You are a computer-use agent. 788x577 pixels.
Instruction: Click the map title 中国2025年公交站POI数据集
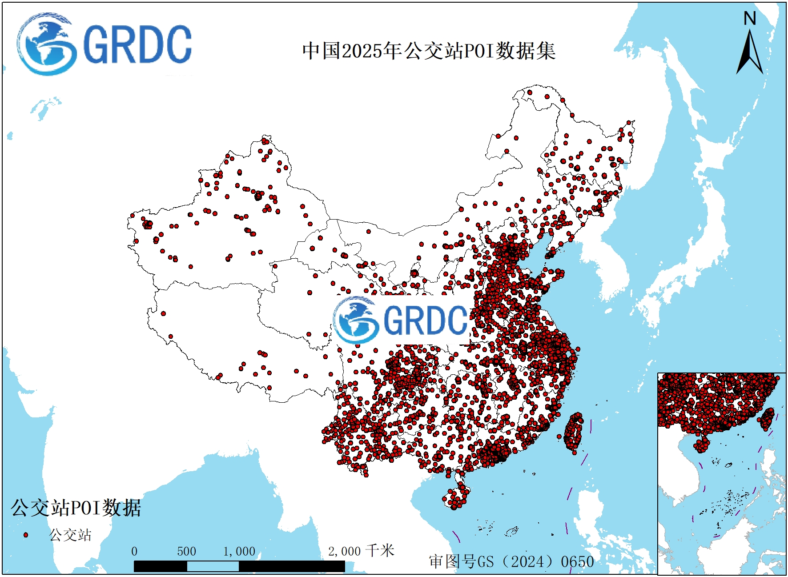point(429,51)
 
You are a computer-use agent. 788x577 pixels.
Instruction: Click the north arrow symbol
point(750,52)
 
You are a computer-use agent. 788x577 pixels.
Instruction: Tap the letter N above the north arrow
point(750,19)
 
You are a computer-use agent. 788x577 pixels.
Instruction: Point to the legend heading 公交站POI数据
point(76,508)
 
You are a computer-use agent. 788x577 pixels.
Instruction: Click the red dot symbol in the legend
point(26,535)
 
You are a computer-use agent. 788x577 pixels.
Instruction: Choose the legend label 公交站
point(70,535)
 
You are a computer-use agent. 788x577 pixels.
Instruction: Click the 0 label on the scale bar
point(134,552)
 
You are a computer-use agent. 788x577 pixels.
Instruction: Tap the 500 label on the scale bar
point(186,552)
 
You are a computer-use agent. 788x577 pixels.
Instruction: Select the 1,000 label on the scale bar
point(239,552)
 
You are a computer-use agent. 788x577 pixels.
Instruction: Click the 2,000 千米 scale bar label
point(361,551)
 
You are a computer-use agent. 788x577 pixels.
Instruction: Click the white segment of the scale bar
point(213,566)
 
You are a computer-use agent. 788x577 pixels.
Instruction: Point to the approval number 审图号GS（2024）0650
point(511,561)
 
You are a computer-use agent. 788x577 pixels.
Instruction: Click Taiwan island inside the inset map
point(768,419)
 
